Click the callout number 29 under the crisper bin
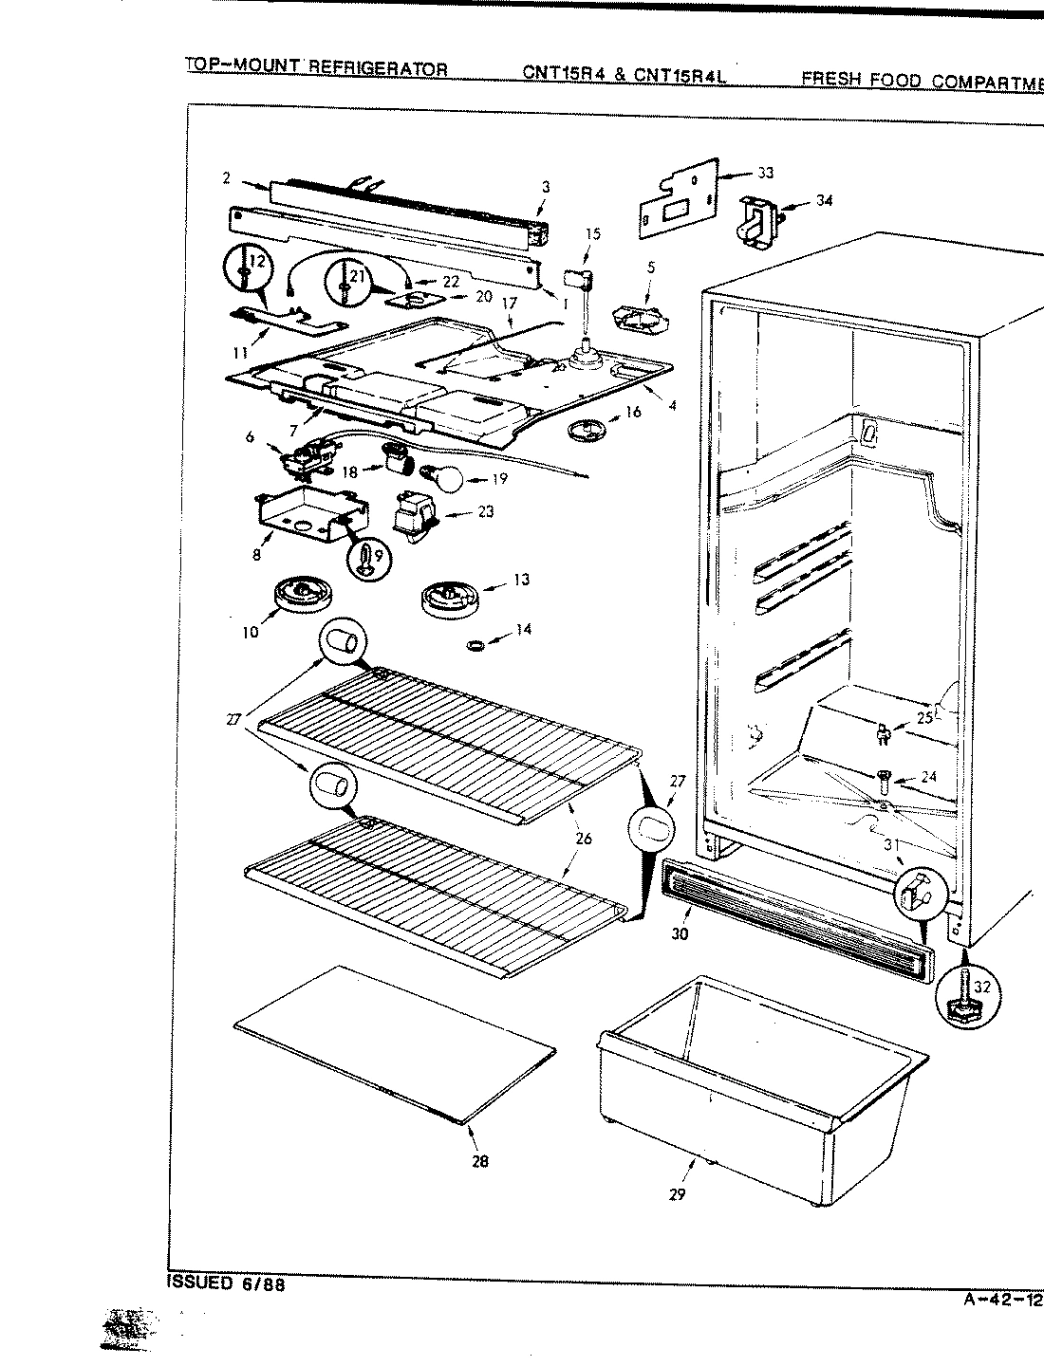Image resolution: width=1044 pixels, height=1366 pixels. click(x=676, y=1194)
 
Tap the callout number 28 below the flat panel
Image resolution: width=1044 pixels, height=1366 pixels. click(x=480, y=1160)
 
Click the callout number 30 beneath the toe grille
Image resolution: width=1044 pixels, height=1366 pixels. click(x=679, y=933)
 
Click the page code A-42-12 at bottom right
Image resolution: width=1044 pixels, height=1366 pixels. click(x=996, y=1300)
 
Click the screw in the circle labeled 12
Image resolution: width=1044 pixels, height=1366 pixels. click(x=245, y=269)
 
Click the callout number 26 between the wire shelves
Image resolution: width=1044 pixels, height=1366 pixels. click(x=583, y=839)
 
